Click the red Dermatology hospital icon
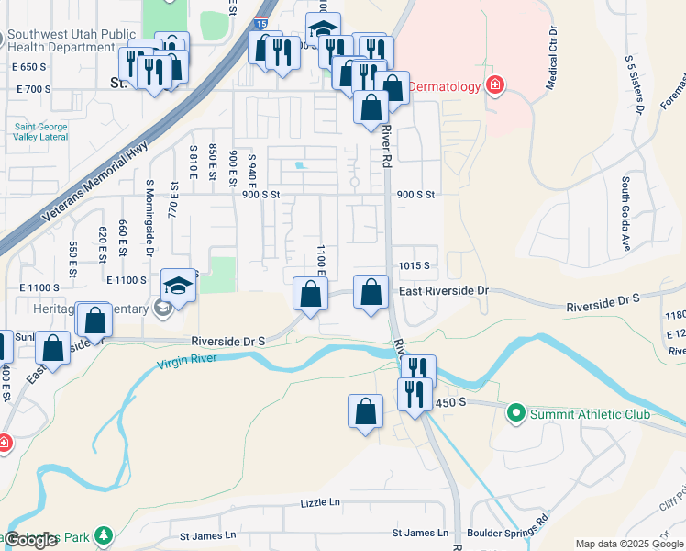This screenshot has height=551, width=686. pyautogui.click(x=495, y=86)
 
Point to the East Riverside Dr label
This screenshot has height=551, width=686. pyautogui.click(x=444, y=290)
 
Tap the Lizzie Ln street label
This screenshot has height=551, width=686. pyautogui.click(x=319, y=503)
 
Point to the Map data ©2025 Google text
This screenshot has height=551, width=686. pyautogui.click(x=628, y=544)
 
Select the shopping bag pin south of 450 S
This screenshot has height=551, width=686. pyautogui.click(x=366, y=410)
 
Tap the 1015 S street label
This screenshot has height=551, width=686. pyautogui.click(x=414, y=265)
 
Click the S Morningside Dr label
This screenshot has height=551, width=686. pyautogui.click(x=149, y=216)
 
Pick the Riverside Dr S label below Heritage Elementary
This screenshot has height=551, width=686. pyautogui.click(x=227, y=341)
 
